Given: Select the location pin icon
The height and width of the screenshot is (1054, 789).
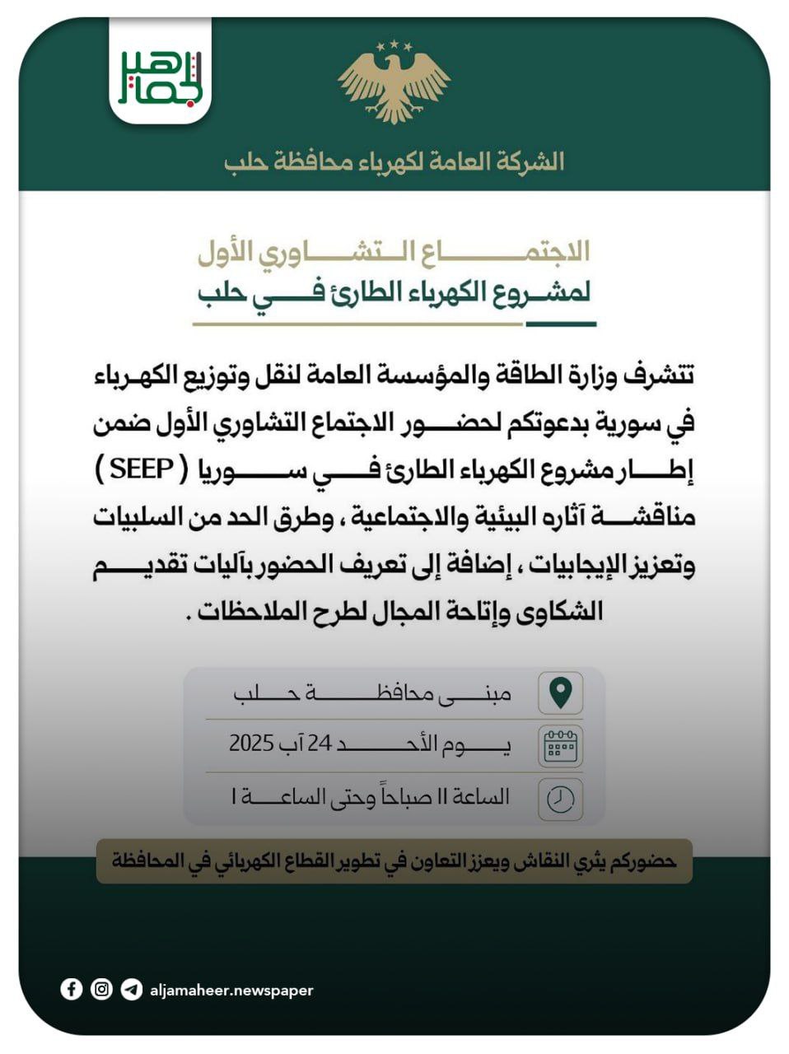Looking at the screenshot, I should coord(560,692).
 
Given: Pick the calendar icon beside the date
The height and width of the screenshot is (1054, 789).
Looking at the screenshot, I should coord(560,745).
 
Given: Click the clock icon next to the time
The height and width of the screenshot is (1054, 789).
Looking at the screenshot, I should coord(560,798).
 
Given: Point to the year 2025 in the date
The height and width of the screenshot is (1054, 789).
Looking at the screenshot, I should coord(251,744).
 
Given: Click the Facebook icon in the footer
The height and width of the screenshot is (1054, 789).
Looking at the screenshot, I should coord(72,989).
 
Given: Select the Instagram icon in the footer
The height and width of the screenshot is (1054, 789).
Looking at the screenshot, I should coord(101,989).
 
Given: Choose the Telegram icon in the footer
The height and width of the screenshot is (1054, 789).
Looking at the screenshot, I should coord(131,989).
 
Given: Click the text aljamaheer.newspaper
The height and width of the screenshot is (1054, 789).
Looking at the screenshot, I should coord(231,991).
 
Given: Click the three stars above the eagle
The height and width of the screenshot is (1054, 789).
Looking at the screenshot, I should coord(394,44).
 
